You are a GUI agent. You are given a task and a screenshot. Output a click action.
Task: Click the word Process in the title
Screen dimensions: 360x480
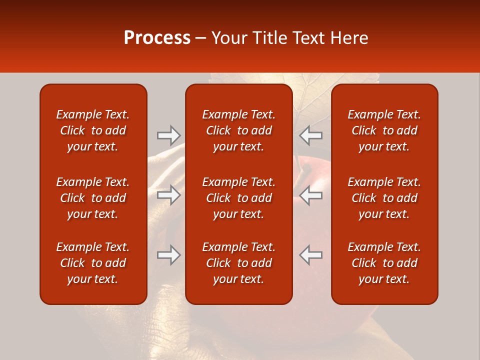pos(157,38)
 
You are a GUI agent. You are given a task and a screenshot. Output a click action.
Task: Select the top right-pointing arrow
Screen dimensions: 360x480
pos(169,135)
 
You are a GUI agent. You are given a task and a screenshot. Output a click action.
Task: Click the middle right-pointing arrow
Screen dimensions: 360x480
pos(169,195)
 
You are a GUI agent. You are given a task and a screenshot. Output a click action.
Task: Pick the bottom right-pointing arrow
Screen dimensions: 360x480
pos(169,255)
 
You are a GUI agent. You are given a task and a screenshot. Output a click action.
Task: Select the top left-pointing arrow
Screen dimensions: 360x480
pos(311,135)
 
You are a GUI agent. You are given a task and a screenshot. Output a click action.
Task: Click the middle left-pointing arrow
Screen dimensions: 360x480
pos(311,195)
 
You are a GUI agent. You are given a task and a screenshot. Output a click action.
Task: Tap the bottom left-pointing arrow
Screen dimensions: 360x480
pos(311,255)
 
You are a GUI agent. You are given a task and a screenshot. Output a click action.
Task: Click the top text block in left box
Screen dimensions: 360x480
pos(93,130)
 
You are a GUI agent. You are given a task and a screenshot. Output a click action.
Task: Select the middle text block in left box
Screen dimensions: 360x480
pos(93,198)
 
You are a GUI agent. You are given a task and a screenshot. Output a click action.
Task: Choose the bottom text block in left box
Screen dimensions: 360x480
pos(93,263)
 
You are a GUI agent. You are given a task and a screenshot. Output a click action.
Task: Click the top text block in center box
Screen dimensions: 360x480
pos(239,130)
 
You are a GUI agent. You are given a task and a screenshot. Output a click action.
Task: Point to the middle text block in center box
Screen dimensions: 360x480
pos(239,198)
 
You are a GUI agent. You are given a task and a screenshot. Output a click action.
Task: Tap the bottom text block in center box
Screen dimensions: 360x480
pos(239,263)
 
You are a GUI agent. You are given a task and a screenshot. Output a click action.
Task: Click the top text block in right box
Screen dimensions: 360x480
pos(384,130)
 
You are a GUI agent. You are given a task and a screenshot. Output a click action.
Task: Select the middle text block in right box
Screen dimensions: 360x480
pos(384,198)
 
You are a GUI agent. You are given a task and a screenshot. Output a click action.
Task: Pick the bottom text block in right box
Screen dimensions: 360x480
pos(384,263)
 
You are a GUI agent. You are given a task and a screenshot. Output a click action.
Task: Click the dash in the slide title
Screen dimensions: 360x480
pos(201,38)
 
